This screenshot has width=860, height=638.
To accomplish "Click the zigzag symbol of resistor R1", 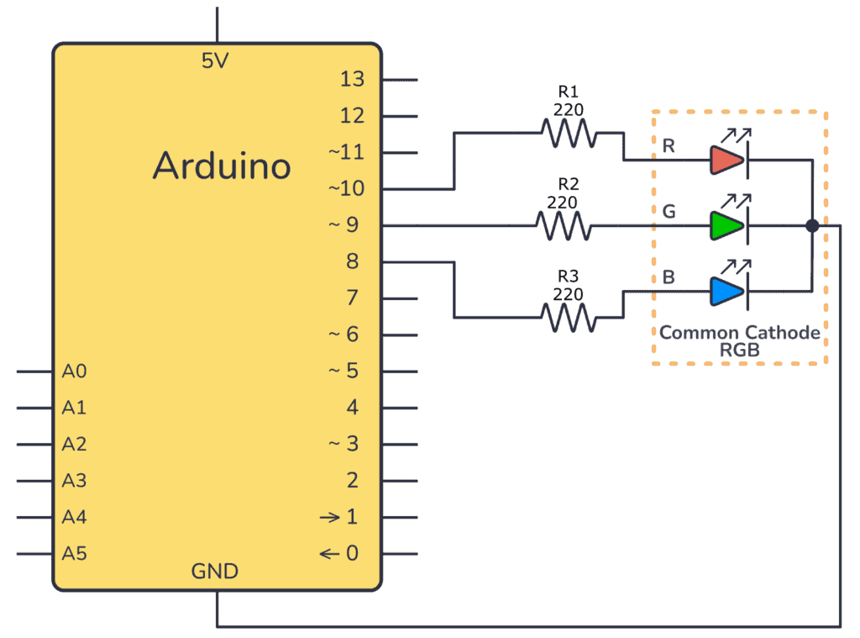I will coord(569,132).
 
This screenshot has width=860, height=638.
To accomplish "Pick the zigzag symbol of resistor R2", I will coord(563,225).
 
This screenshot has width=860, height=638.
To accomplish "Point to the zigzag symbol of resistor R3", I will coord(569,318).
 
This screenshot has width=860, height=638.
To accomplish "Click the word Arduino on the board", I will coord(222,166).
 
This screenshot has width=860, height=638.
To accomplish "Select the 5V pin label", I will coord(215,61).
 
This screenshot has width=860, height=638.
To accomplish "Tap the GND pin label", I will coord(215,572).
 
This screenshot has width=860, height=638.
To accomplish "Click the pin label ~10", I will coord(346,189).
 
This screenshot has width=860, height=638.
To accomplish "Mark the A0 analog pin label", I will coord(74,371).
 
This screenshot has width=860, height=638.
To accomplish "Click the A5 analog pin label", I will coord(74,553).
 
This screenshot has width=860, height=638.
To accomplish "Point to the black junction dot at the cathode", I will coord(812,225).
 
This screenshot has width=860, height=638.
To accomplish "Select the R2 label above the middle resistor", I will coord(569,183).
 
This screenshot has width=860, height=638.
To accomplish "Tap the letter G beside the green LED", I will coord(669,212).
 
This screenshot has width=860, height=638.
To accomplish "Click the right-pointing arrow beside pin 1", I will coord(330,517).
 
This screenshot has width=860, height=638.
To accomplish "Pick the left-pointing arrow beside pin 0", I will coord(330,553).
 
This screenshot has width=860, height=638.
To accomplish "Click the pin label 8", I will coord(352,261).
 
